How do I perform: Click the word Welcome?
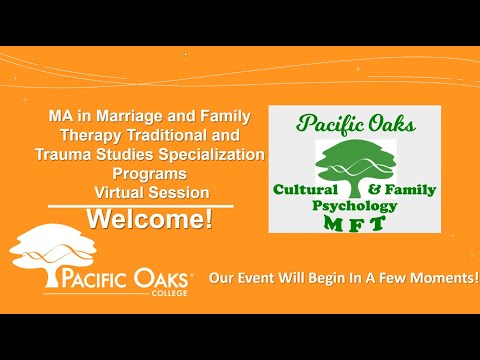pyautogui.click(x=150, y=219)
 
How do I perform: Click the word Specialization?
pyautogui.click(x=211, y=155)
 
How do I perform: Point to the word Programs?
pyautogui.click(x=150, y=174)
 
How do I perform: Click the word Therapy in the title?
pyautogui.click(x=91, y=136)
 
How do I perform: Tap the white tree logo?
pyautogui.click(x=53, y=255)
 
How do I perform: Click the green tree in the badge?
pyautogui.click(x=356, y=168)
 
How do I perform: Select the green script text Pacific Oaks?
pyautogui.click(x=356, y=124)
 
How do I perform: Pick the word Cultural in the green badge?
pyautogui.click(x=305, y=189)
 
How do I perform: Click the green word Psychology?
pyautogui.click(x=355, y=207)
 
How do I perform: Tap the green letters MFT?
pyautogui.click(x=355, y=223)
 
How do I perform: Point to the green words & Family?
pyautogui.click(x=402, y=190)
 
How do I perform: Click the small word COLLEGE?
pyautogui.click(x=169, y=293)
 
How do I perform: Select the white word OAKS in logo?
pyautogui.click(x=161, y=279)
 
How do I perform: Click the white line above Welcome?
pyautogui.click(x=141, y=206)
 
